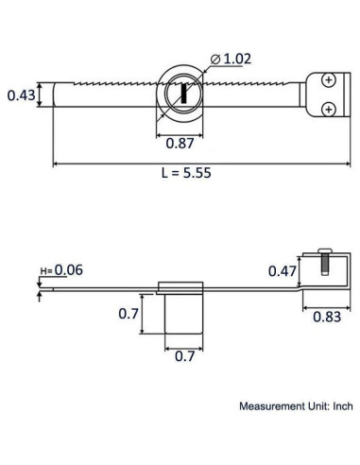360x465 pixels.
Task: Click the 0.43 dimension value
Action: coord(21,95)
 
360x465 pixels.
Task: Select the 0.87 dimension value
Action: coord(180,143)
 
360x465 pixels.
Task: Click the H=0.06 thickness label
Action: coord(61,270)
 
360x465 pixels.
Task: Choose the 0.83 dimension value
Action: coord(327,318)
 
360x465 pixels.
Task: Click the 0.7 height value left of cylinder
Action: coord(128,314)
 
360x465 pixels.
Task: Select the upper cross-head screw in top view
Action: coord(327,81)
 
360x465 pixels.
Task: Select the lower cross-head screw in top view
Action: coord(327,110)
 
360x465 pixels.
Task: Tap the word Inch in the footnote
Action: coord(341,407)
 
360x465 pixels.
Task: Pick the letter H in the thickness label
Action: coord(44,271)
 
